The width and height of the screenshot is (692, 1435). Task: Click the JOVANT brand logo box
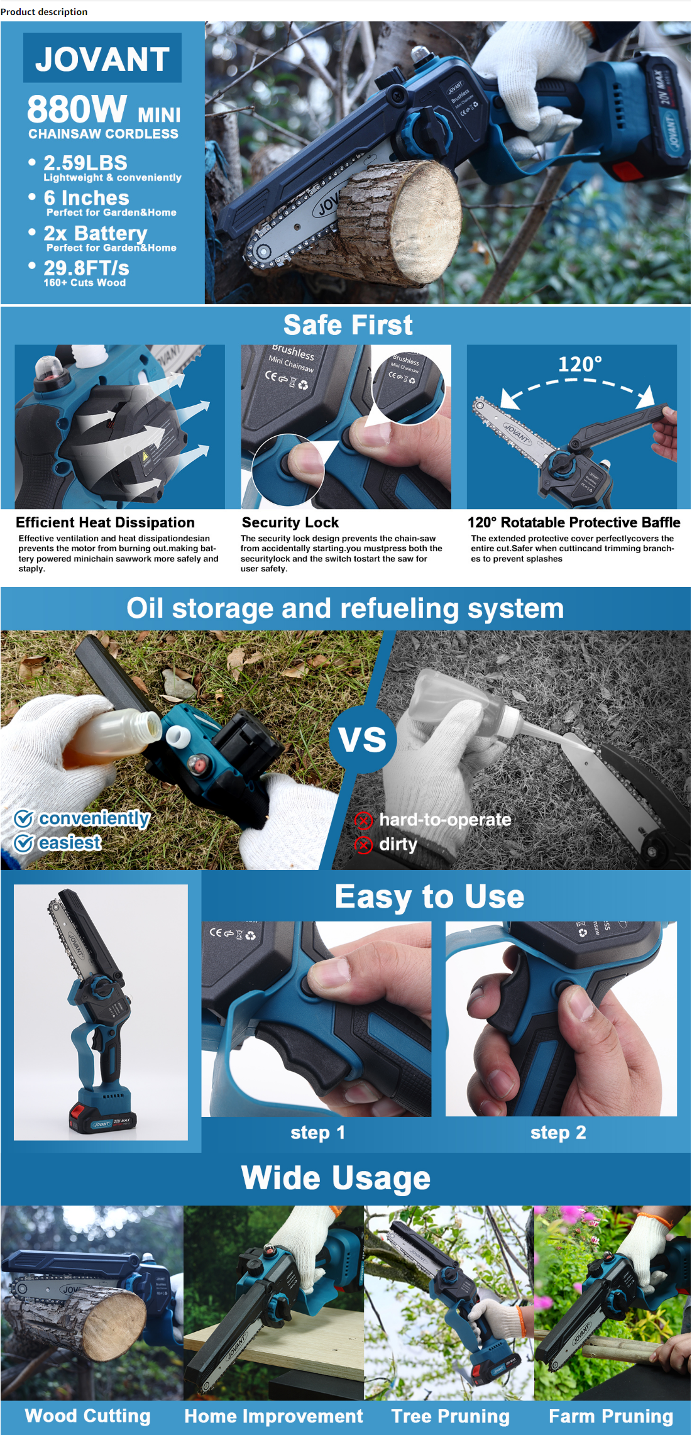coord(102,58)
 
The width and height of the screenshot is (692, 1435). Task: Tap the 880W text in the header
coord(77,109)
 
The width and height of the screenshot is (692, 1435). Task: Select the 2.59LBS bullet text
coord(85,163)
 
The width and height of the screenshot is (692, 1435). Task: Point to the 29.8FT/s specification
coord(86,268)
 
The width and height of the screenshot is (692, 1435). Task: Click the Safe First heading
coord(348,325)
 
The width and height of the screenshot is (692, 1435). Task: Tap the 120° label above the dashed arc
coord(579,364)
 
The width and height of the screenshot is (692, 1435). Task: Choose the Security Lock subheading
coord(290,522)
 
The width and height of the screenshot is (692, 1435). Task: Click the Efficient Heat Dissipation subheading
coord(105,522)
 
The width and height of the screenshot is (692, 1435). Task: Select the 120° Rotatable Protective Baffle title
coord(574,522)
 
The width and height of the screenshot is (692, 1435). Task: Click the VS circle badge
coord(363,739)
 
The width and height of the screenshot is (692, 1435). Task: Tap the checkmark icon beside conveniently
coord(24,818)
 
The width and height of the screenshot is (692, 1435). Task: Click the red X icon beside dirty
coord(363,845)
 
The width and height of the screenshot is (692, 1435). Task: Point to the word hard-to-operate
coord(445,820)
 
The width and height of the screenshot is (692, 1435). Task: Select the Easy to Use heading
coord(429,896)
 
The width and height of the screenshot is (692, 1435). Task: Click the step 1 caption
coord(317,1133)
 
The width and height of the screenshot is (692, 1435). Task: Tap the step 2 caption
coord(558,1133)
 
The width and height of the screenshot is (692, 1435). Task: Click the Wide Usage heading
coord(336,1178)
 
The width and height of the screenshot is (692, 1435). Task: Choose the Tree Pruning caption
coord(450,1416)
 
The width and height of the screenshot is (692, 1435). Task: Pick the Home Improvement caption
coord(273,1416)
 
